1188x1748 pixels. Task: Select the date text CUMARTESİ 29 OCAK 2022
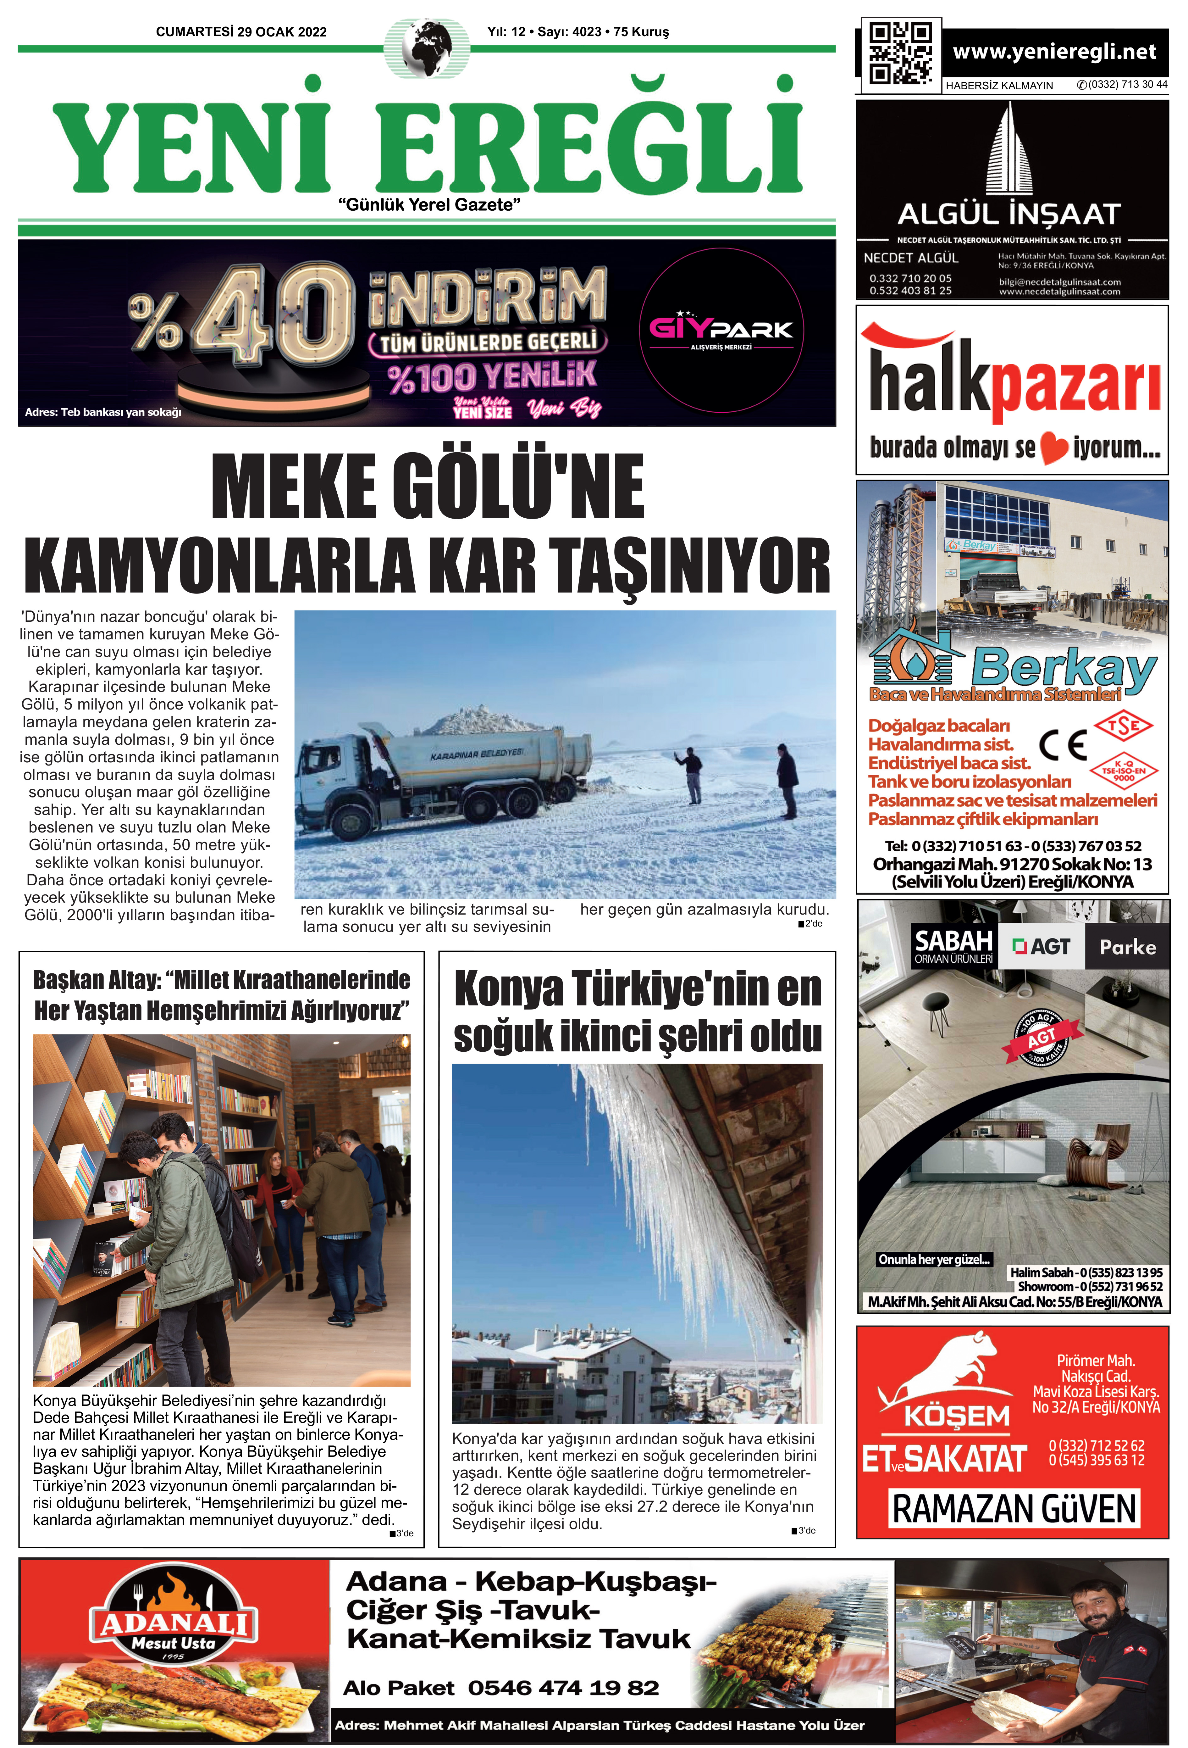[241, 31]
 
